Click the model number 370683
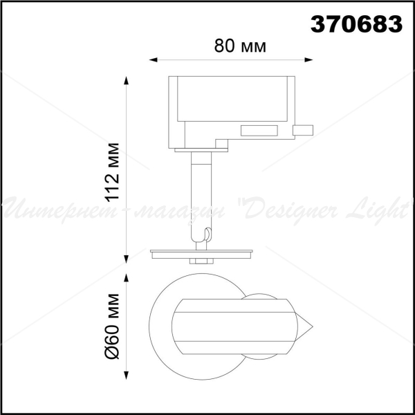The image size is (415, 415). [x=356, y=24]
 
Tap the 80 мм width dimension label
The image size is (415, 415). [x=240, y=46]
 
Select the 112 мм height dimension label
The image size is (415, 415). [x=113, y=172]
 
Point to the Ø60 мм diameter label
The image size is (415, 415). [x=113, y=326]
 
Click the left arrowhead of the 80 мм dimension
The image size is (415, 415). [x=153, y=59]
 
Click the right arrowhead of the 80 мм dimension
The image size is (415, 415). [x=309, y=59]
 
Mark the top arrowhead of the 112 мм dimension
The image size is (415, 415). [x=127, y=80]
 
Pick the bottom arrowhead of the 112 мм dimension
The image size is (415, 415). [x=127, y=259]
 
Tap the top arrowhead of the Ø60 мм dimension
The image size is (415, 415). [x=127, y=277]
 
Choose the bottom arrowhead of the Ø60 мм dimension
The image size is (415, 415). [x=127, y=376]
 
